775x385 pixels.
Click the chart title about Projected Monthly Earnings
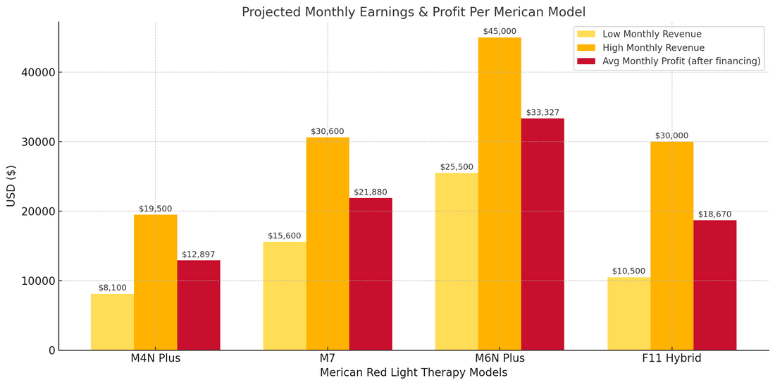coord(414,12)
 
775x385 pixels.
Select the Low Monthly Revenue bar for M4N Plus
coord(112,322)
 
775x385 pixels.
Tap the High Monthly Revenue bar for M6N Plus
coord(500,194)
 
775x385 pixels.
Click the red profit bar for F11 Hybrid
coord(714,285)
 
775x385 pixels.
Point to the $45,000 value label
coord(500,32)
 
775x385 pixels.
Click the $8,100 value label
coord(112,288)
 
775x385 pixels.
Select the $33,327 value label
coord(542,113)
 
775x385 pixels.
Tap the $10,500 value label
coord(628,271)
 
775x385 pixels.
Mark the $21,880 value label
coord(371,192)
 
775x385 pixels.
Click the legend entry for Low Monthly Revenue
coord(652,34)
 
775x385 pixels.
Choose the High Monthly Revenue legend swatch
coord(586,48)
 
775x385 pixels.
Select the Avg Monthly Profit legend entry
coord(681,61)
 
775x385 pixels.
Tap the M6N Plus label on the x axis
coord(500,358)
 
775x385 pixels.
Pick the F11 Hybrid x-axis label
coord(671,358)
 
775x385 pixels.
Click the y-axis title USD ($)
coord(11,186)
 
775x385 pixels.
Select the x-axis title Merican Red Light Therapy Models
coord(414,372)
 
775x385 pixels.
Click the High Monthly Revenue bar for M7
coord(328,243)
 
